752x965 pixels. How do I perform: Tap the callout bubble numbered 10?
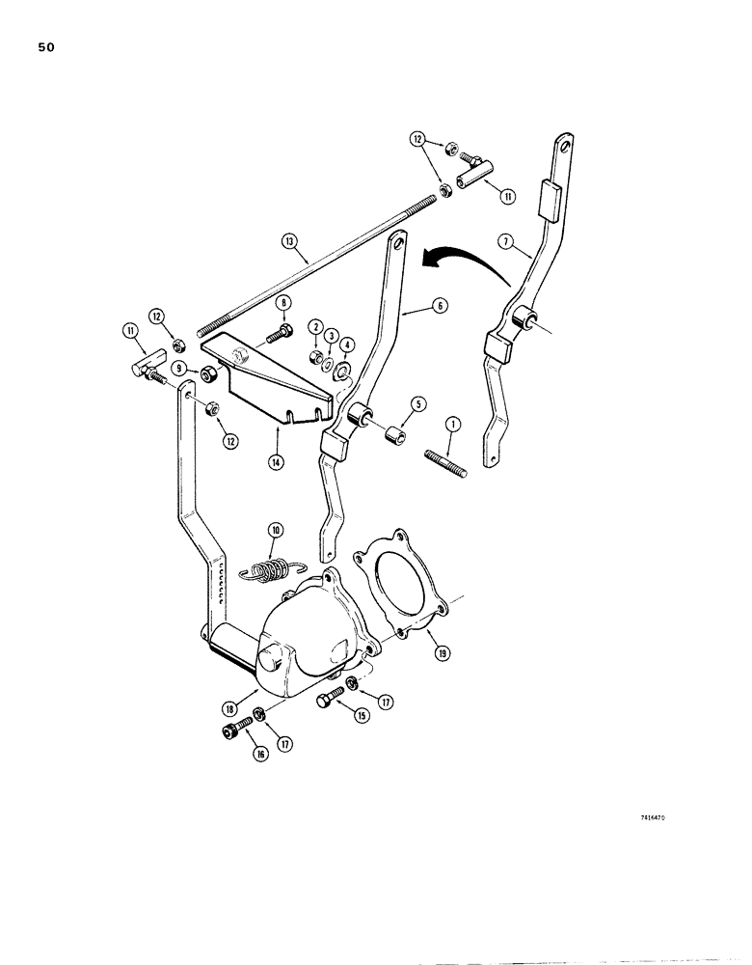[275, 530]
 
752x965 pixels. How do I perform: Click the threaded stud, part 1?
[444, 459]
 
